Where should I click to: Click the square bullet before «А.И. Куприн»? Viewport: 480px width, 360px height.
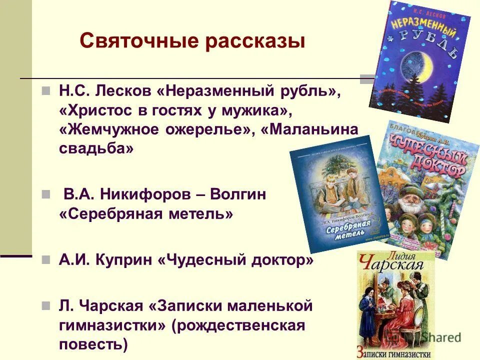pyautogui.click(x=45, y=260)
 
